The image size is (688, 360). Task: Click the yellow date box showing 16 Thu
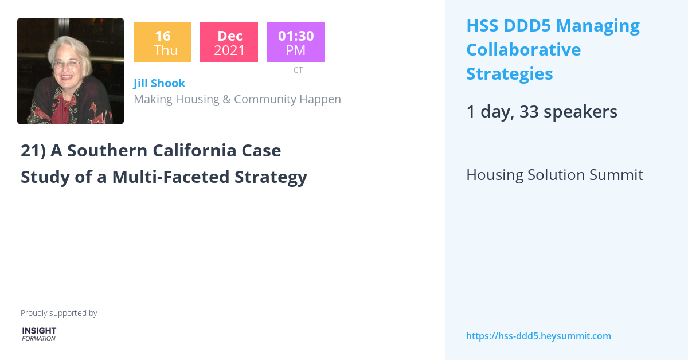(x=162, y=42)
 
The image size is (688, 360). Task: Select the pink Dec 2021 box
(x=229, y=42)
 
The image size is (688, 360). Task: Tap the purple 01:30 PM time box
(x=295, y=42)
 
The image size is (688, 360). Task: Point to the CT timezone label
(x=298, y=70)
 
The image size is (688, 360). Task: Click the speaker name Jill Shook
(x=159, y=83)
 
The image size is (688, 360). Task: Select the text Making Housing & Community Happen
(x=237, y=99)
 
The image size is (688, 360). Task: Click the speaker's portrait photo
(x=71, y=71)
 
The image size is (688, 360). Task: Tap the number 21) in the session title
(x=33, y=151)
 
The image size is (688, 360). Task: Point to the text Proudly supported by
(x=58, y=313)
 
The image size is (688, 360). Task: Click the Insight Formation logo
(x=39, y=334)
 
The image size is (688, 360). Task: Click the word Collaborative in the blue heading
(x=523, y=50)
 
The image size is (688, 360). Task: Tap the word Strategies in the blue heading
(x=510, y=74)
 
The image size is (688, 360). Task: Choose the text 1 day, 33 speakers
(x=542, y=112)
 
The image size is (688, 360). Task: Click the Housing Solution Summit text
(x=554, y=175)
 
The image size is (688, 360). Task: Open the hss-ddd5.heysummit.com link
(x=538, y=336)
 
